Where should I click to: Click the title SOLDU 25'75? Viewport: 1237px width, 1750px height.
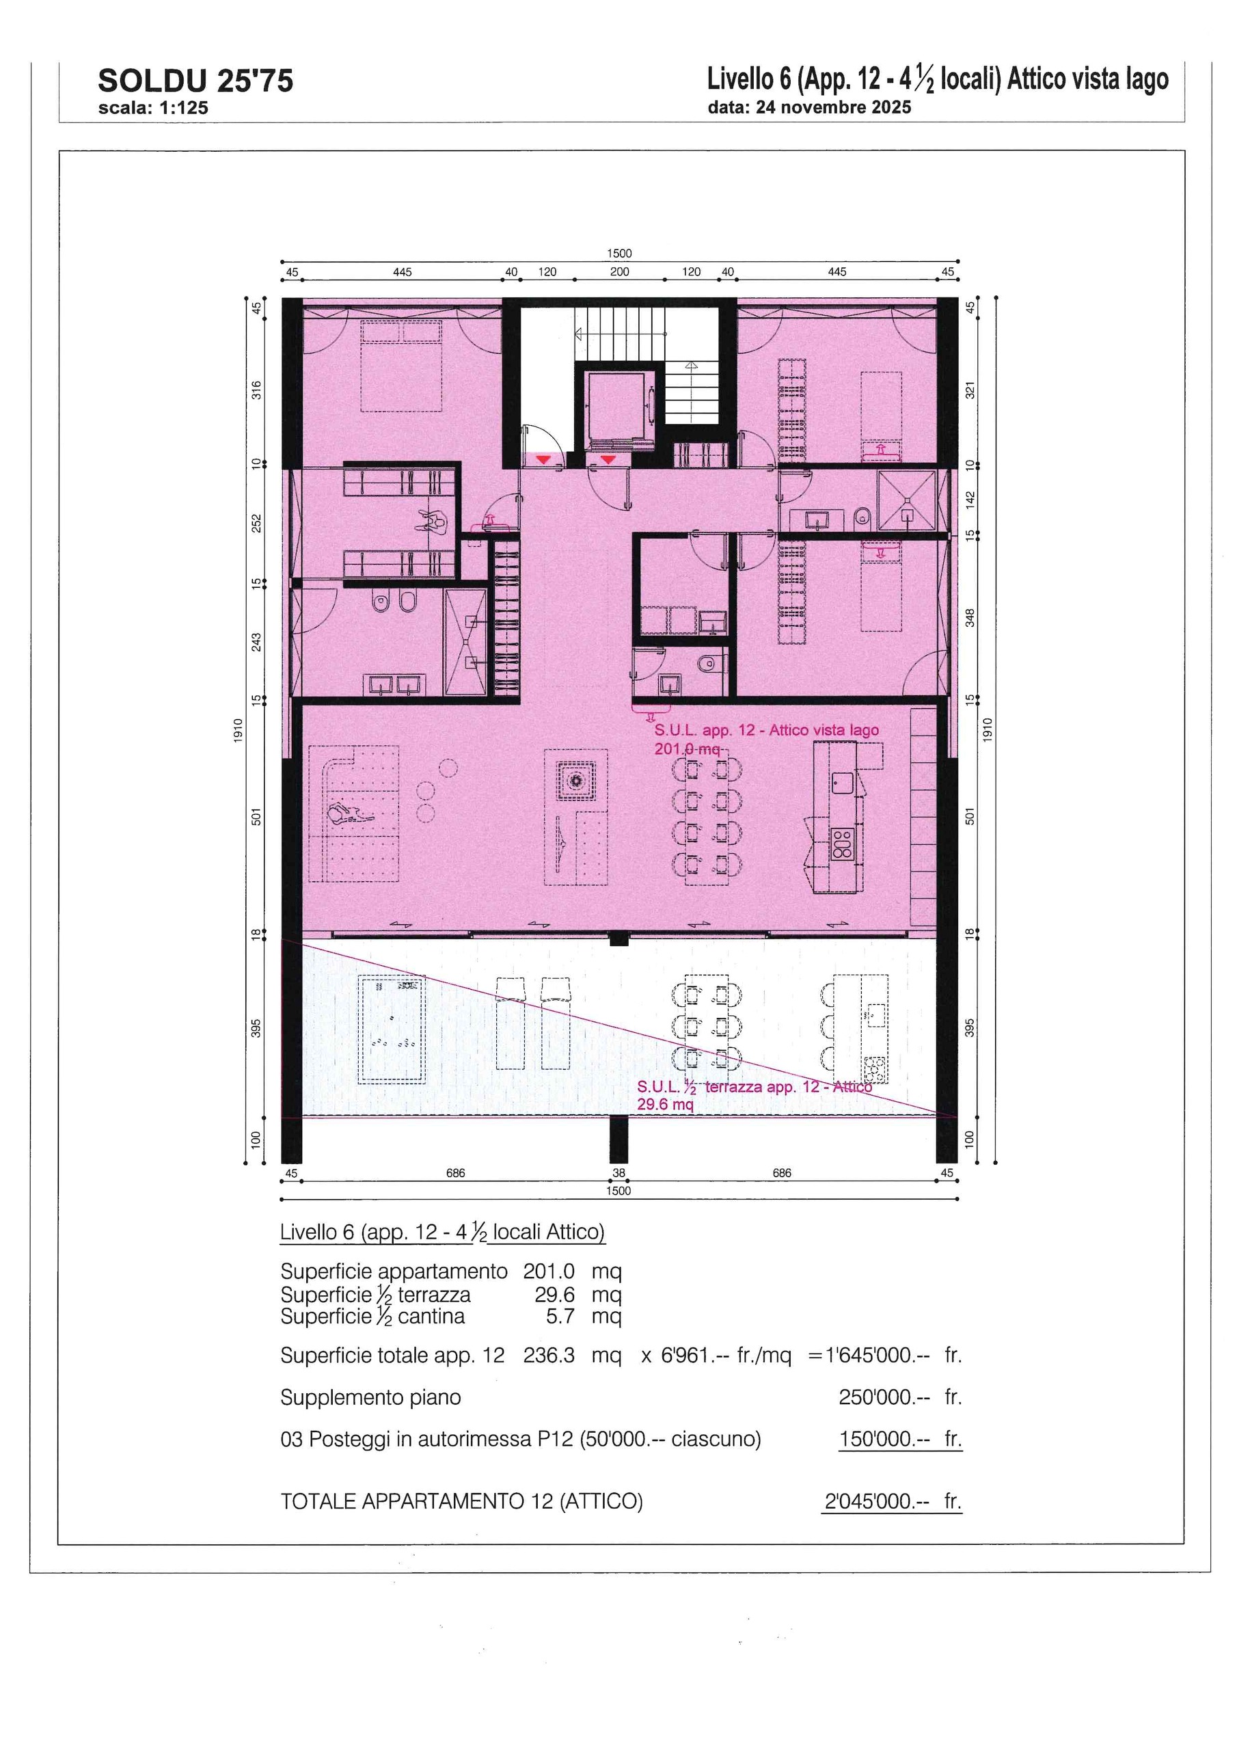pos(195,81)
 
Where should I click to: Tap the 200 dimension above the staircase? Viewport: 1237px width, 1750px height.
pos(619,272)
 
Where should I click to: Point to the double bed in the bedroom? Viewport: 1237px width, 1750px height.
pos(402,366)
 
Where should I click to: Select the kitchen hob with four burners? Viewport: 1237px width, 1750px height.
pos(842,844)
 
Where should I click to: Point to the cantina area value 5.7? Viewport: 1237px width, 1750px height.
pos(560,1317)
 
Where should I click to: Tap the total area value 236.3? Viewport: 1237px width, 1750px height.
pos(548,1355)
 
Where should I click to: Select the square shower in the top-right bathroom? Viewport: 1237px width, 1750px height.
pos(906,500)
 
